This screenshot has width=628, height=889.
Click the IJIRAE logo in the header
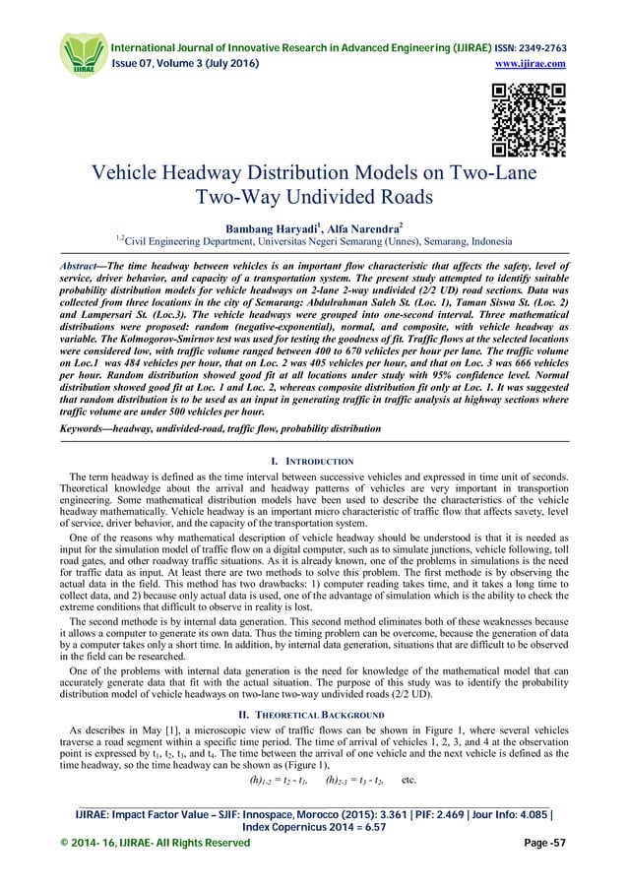coord(83,52)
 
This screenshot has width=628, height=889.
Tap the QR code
coord(529,121)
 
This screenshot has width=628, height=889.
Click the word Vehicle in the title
coord(140,175)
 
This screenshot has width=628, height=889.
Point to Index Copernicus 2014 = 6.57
coord(314,852)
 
